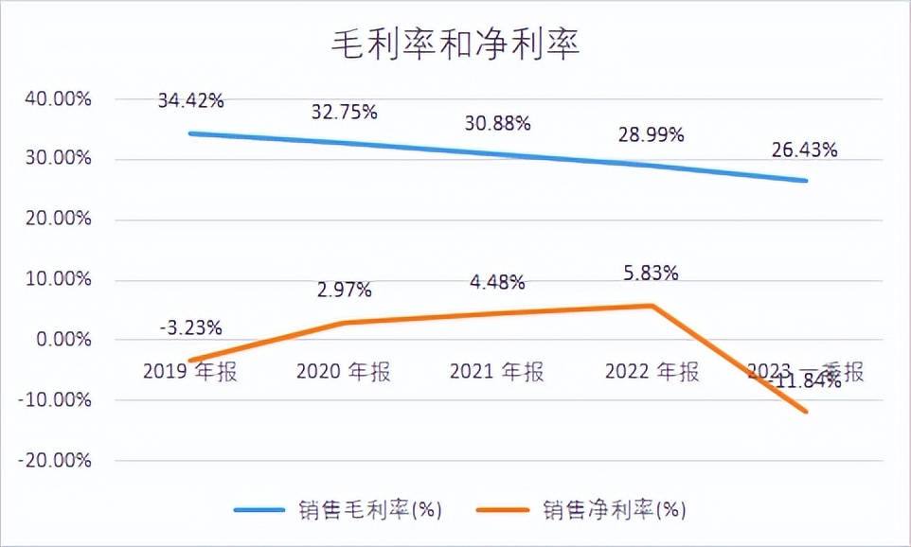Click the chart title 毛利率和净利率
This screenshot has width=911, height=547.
pyautogui.click(x=455, y=45)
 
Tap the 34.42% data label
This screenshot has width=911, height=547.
pyautogui.click(x=190, y=98)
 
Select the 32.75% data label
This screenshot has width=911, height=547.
pyautogui.click(x=344, y=112)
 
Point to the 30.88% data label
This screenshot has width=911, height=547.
pyautogui.click(x=497, y=123)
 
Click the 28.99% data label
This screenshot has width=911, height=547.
pyautogui.click(x=651, y=135)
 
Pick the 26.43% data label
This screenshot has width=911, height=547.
pyautogui.click(x=804, y=150)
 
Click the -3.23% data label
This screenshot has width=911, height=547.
pyautogui.click(x=190, y=328)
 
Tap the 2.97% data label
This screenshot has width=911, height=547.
pyautogui.click(x=344, y=289)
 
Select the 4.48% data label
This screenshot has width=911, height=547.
pyautogui.click(x=497, y=282)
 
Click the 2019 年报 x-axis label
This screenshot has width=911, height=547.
pyautogui.click(x=190, y=372)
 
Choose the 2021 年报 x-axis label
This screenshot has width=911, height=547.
pyautogui.click(x=497, y=372)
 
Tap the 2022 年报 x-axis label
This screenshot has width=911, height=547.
pyautogui.click(x=651, y=372)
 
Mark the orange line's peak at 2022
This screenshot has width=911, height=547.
pyautogui.click(x=652, y=305)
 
